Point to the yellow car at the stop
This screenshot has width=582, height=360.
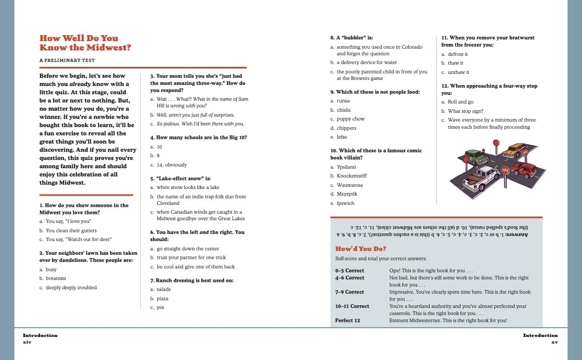[515, 149]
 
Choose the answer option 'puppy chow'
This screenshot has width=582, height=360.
[351, 119]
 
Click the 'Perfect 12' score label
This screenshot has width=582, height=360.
[347, 321]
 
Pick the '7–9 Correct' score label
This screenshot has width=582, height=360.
[350, 292]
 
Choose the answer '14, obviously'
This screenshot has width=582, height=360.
[172, 165]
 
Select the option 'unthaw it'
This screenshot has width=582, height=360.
[458, 72]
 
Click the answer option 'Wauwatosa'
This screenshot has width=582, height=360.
[351, 185]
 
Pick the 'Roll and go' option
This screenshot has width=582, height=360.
[460, 102]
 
